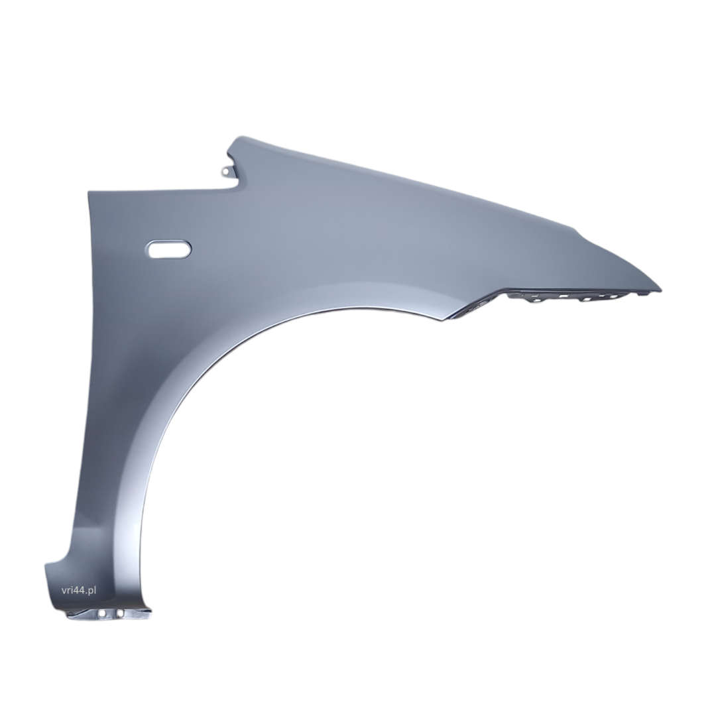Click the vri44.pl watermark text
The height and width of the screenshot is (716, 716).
click(78, 590)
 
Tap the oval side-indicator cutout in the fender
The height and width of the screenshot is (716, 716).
click(168, 249)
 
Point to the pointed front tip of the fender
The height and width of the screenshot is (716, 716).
click(660, 290)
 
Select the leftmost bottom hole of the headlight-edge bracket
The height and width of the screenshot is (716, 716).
click(532, 301)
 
